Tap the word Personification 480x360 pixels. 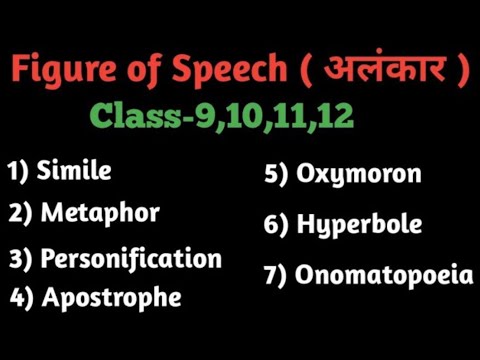[x=130, y=258]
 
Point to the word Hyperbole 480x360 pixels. [x=358, y=225]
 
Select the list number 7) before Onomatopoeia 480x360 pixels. [x=277, y=275]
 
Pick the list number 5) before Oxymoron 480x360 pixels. [x=277, y=174]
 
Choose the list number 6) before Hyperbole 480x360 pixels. [x=277, y=225]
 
